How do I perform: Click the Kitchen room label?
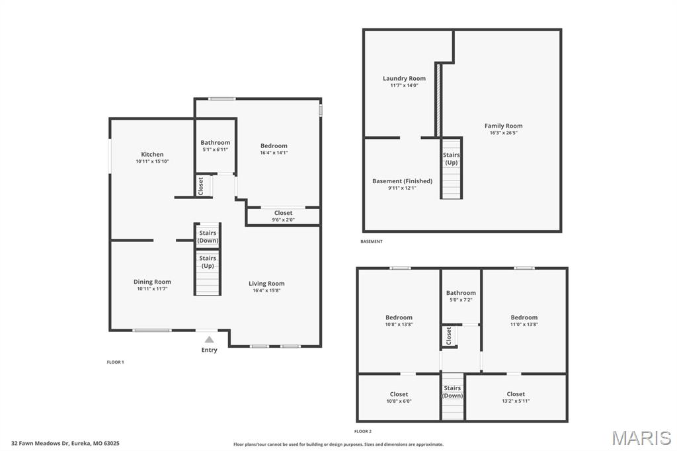[152, 154]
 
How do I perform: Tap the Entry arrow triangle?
[209, 339]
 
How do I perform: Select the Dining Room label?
[152, 282]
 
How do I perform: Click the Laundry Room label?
[404, 78]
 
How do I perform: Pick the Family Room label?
[503, 126]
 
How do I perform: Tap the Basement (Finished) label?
[402, 181]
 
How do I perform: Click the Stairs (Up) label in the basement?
[451, 159]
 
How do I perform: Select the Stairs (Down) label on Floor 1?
[208, 236]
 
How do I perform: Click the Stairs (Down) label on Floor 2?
[452, 391]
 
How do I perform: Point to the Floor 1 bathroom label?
[216, 142]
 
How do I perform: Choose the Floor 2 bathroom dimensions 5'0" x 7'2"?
[461, 300]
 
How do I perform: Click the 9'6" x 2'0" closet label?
[283, 220]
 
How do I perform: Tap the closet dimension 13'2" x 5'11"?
[516, 401]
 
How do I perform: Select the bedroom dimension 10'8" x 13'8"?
[399, 325]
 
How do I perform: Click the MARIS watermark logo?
[641, 438]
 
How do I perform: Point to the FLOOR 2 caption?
[363, 431]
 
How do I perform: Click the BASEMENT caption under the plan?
[371, 241]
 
